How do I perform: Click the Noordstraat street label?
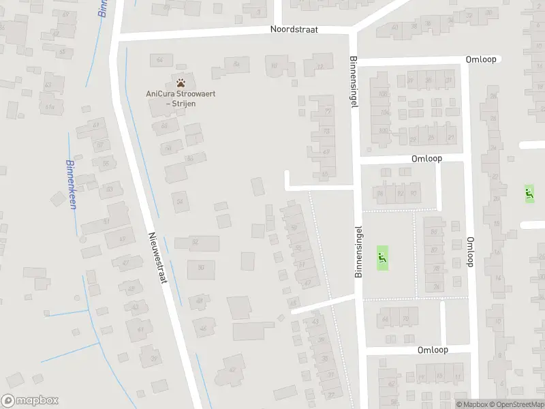[299, 30]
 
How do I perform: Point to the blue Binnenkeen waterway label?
[71, 185]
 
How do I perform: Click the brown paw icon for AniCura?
[181, 81]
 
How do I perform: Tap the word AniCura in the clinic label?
[158, 93]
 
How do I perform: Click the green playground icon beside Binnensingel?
[381, 258]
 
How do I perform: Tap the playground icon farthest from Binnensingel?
[528, 193]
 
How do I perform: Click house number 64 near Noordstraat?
[160, 60]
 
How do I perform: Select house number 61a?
[49, 107]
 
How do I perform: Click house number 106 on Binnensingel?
[383, 93]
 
